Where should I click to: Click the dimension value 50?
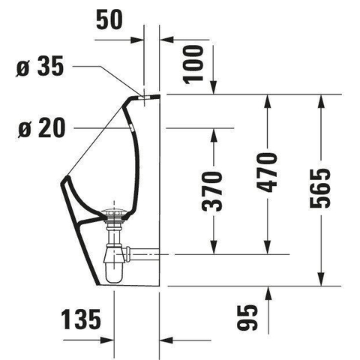click(109, 19)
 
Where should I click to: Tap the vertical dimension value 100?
click(193, 64)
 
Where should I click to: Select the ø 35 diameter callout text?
click(40, 66)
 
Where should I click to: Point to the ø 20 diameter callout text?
click(41, 128)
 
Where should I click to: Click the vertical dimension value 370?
click(212, 191)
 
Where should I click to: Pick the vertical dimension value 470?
click(267, 172)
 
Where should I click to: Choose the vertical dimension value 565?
click(320, 188)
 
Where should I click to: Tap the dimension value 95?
click(247, 317)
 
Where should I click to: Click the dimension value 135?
click(81, 319)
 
